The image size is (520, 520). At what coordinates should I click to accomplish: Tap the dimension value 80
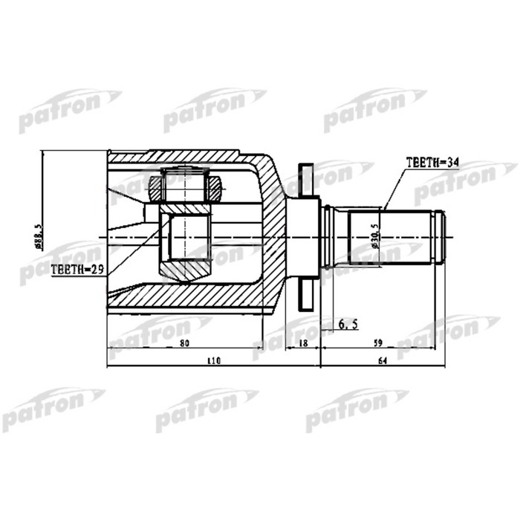click(185, 342)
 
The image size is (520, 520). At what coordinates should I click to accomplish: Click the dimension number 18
click(302, 342)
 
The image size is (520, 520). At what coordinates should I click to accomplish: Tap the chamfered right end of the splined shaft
click(441, 237)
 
